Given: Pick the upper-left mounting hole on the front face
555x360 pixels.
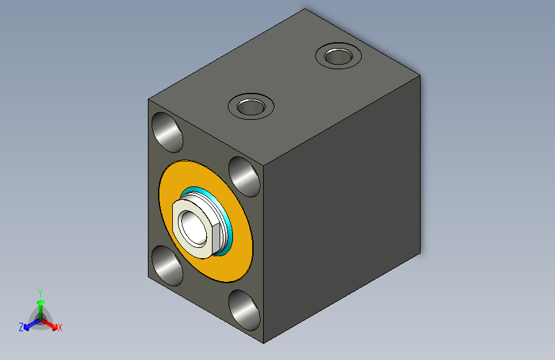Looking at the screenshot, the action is pyautogui.click(x=167, y=132).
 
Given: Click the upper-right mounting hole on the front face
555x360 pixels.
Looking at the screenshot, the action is pyautogui.click(x=245, y=176).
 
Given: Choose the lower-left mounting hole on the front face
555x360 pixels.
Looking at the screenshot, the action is pyautogui.click(x=167, y=265).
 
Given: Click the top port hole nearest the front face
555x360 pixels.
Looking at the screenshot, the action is pyautogui.click(x=251, y=106).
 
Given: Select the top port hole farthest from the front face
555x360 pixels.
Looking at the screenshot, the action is pyautogui.click(x=339, y=56).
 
